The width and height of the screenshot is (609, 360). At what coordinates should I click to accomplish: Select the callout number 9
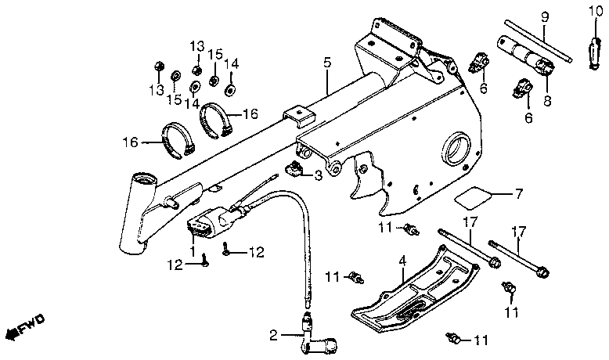pos(546,16)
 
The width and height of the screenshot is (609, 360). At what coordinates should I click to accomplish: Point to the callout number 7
pos(517,193)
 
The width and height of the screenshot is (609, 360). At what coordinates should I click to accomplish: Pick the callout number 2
pos(273,336)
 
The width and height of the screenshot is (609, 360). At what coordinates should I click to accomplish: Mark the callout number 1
pos(193,251)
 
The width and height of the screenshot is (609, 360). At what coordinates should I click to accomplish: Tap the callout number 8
pos(546,100)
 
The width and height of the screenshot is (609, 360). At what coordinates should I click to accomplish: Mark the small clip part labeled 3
pos(296,167)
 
